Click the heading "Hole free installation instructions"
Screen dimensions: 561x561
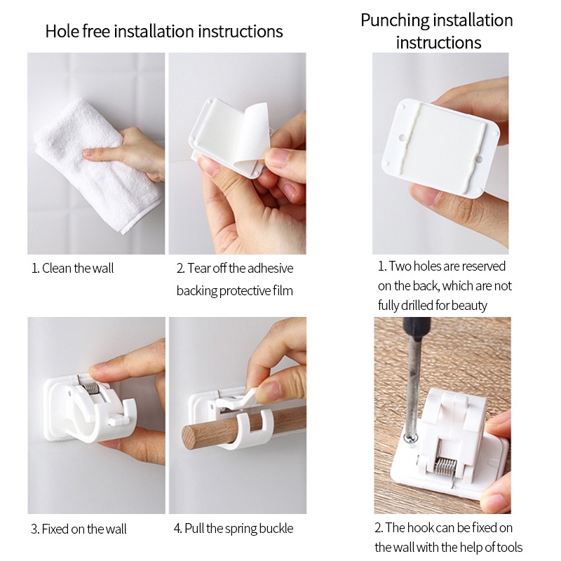coord(164,31)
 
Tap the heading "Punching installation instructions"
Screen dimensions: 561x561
coord(437,31)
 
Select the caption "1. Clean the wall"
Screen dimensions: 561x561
coord(73,268)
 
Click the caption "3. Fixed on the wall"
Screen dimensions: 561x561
coord(79,529)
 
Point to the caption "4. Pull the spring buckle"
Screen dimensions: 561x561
coord(234,529)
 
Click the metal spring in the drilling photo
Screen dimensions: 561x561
coord(445,467)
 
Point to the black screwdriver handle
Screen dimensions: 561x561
coord(417,327)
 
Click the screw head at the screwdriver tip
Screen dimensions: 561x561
coord(410,439)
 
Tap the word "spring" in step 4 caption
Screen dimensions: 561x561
coord(239,529)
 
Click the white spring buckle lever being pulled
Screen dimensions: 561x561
coord(238,400)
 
